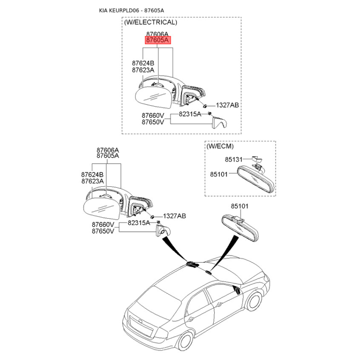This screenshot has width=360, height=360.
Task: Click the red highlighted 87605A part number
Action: pyautogui.click(x=157, y=40)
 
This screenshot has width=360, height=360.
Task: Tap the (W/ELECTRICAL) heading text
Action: pyautogui.click(x=150, y=22)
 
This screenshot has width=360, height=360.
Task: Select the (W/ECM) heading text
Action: pyautogui.click(x=220, y=146)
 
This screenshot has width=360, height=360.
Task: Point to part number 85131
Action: pyautogui.click(x=234, y=159)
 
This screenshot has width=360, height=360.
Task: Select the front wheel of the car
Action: pyautogui.click(x=255, y=301)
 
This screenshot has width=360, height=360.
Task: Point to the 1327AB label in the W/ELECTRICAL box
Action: pyautogui.click(x=227, y=105)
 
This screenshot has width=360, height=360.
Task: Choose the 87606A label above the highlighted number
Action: pyautogui.click(x=157, y=34)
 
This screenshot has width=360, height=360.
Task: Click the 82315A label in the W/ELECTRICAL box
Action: pyautogui.click(x=190, y=114)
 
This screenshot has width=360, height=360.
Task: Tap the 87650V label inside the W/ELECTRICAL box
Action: pyautogui.click(x=153, y=121)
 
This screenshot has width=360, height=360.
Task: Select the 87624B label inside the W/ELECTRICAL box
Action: pyautogui.click(x=143, y=63)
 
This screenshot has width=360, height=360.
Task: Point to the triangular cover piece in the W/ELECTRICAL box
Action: pyautogui.click(x=220, y=122)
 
